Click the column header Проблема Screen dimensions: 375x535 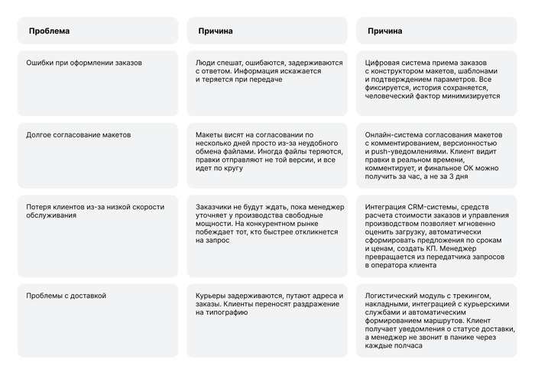49,31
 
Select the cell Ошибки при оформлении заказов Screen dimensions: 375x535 83,62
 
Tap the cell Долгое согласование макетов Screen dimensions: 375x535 78,134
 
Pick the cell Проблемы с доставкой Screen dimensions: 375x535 66,295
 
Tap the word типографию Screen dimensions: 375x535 225,313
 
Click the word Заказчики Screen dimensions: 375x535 217,207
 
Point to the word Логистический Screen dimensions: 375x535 394,295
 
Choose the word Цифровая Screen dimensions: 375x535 384,62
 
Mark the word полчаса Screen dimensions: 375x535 408,345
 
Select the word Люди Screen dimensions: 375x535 205,62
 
